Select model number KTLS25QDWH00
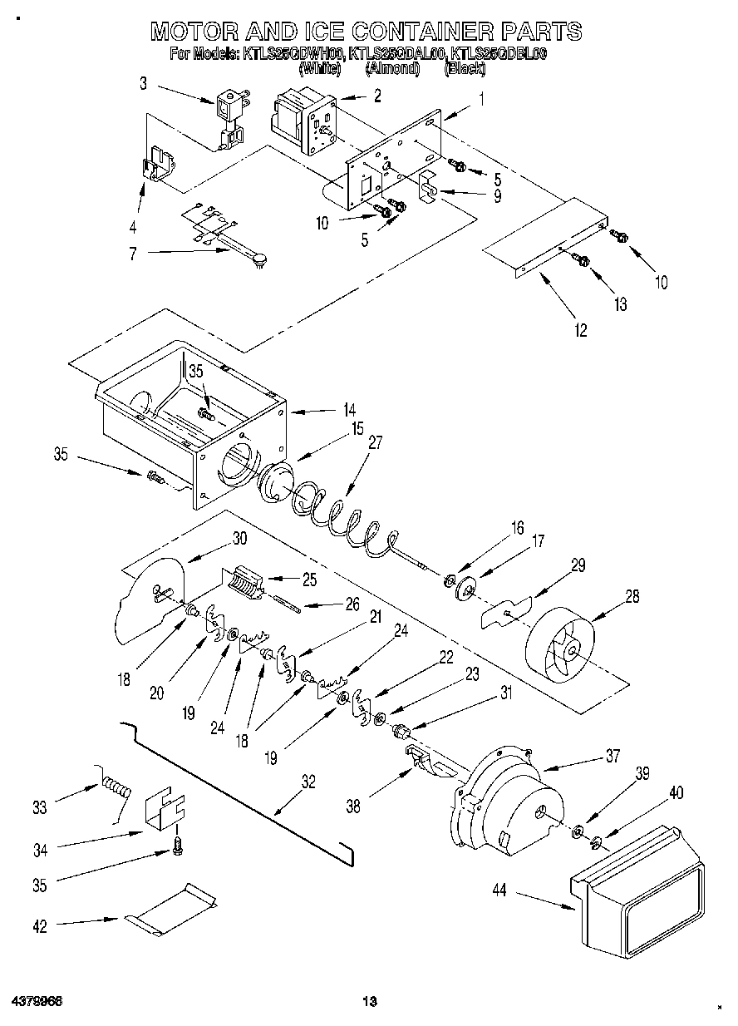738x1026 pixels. tap(293, 55)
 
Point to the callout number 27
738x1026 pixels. tap(375, 443)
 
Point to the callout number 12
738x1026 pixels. tap(579, 330)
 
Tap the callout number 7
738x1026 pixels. tap(131, 254)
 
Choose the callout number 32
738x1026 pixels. tap(307, 782)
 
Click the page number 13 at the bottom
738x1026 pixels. tap(370, 1000)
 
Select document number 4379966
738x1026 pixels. tap(37, 999)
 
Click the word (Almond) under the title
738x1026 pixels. tap(391, 70)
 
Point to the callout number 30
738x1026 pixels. tap(239, 538)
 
